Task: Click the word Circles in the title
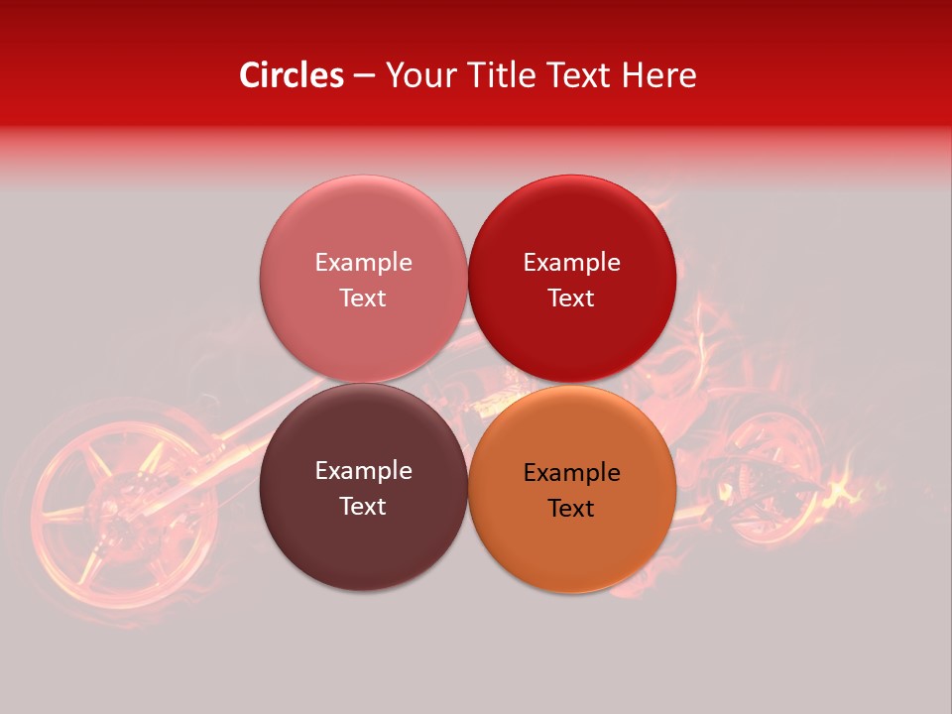coord(291,75)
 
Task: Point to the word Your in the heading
coord(416,75)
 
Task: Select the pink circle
coord(363,228)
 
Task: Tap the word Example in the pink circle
coord(363,262)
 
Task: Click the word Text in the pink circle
coord(363,297)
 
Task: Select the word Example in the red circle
coord(572,262)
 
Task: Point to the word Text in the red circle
coord(572,297)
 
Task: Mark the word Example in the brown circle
coord(363,470)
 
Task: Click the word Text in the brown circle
coord(363,506)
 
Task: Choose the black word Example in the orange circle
coord(572,472)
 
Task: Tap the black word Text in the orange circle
coord(572,508)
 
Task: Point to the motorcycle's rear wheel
coord(769,476)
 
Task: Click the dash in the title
coord(364,76)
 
